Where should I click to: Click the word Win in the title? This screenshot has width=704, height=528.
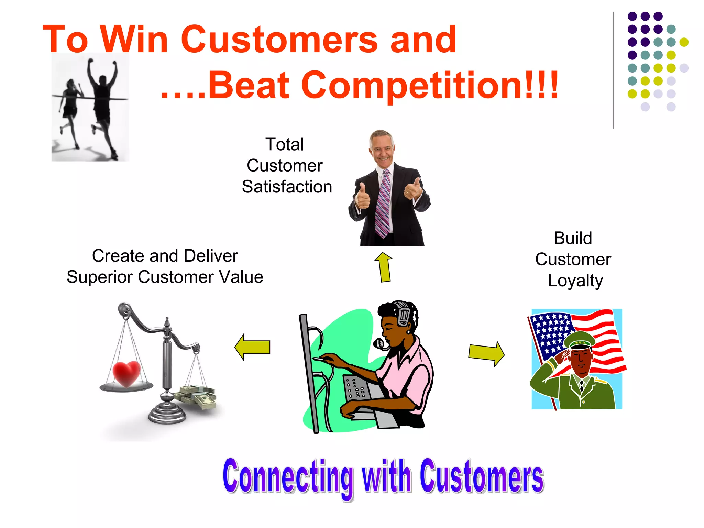point(134,40)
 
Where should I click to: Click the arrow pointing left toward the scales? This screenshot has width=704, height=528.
point(253,347)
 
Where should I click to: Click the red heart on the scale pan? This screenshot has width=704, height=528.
point(126,373)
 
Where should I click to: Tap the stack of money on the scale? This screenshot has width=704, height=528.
point(196,397)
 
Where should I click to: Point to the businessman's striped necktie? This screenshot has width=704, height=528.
point(384,203)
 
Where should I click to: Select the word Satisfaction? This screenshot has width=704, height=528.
point(287,187)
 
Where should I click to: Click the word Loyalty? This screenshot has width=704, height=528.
point(575,281)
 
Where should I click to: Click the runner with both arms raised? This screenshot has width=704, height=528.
point(102,100)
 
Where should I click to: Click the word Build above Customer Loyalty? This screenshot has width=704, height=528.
point(573,238)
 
